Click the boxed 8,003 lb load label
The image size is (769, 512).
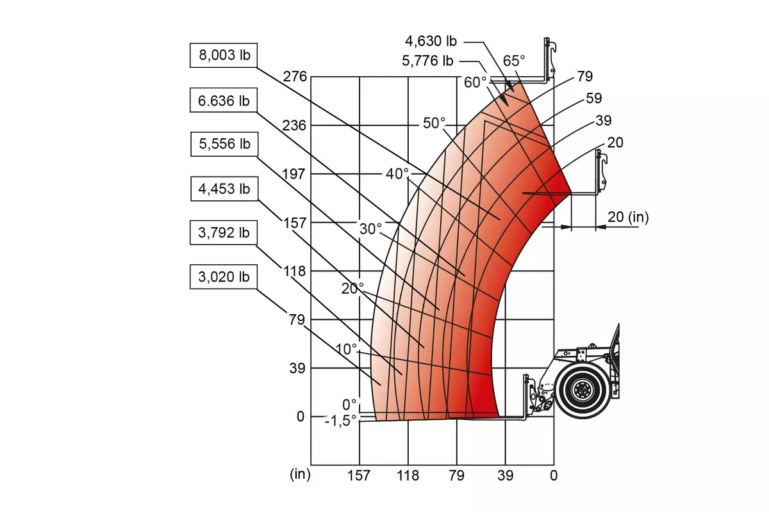tap(224, 55)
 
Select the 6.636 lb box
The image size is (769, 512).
tap(224, 100)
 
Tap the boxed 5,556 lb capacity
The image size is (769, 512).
tap(224, 144)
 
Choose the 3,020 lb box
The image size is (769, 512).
tap(224, 276)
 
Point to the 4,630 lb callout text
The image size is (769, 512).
tap(431, 41)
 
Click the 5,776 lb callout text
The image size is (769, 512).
tap(428, 61)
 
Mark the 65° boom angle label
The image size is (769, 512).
tap(514, 61)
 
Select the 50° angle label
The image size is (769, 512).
tap(434, 123)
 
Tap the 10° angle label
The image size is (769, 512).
tap(347, 349)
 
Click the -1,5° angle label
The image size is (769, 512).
tap(340, 420)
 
